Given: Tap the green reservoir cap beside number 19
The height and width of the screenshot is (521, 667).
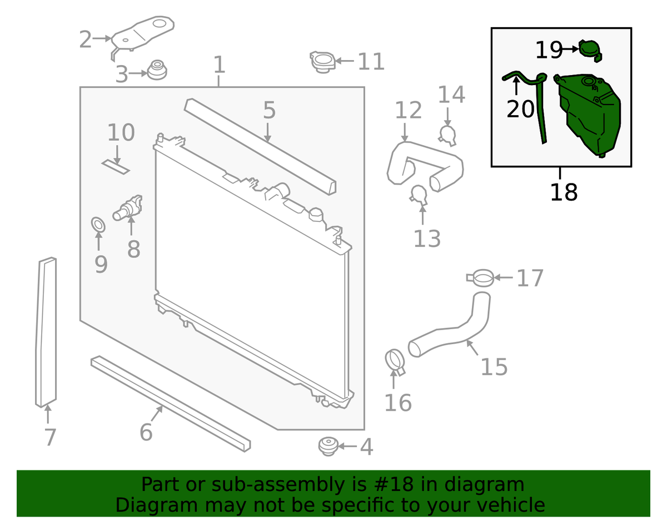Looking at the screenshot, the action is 590,51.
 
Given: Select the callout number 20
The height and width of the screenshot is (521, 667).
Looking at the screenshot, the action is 520,110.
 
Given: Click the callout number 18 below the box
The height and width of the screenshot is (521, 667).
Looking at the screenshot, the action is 564,192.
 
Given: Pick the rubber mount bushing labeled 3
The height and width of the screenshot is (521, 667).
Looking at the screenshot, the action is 157,70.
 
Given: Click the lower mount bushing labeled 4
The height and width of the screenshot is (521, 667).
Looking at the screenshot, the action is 328,446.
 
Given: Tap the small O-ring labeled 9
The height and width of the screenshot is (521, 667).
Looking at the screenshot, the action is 98,225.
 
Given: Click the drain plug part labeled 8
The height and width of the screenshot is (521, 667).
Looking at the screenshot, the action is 127,209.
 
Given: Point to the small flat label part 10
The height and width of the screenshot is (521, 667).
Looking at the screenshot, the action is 116,167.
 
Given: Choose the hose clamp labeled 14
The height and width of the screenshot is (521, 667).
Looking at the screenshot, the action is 447,135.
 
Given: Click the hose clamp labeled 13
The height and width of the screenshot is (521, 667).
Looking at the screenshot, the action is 419,195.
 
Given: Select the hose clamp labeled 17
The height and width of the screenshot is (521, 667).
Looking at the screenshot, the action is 480,278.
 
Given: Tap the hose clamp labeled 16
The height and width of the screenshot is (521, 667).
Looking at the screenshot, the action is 395,363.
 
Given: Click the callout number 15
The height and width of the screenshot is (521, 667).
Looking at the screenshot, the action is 494,367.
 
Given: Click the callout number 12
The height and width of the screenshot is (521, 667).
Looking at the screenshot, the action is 408,110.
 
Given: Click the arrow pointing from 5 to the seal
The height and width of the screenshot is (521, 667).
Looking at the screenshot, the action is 268,132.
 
